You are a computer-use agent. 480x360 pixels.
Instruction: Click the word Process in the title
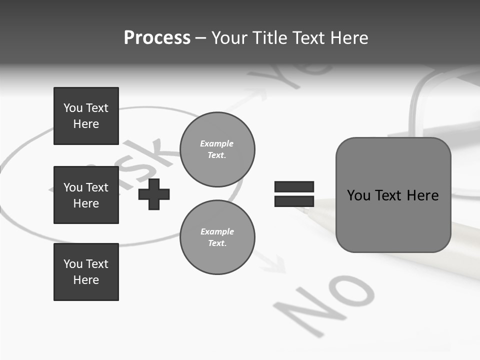click(x=157, y=38)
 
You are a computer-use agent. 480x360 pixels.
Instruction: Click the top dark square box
click(x=86, y=116)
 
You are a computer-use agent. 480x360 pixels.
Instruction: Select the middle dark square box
click(x=86, y=195)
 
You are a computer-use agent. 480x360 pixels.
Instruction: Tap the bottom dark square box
click(x=86, y=272)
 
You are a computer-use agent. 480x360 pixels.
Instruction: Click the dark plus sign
click(x=154, y=194)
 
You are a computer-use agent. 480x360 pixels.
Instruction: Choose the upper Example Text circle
click(x=217, y=149)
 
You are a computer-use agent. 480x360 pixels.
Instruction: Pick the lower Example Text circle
click(x=217, y=237)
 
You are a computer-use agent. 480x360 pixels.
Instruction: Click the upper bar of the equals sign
click(x=294, y=186)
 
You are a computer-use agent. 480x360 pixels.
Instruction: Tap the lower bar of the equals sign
click(x=294, y=201)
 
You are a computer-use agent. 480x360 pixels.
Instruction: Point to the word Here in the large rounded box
click(x=422, y=195)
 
